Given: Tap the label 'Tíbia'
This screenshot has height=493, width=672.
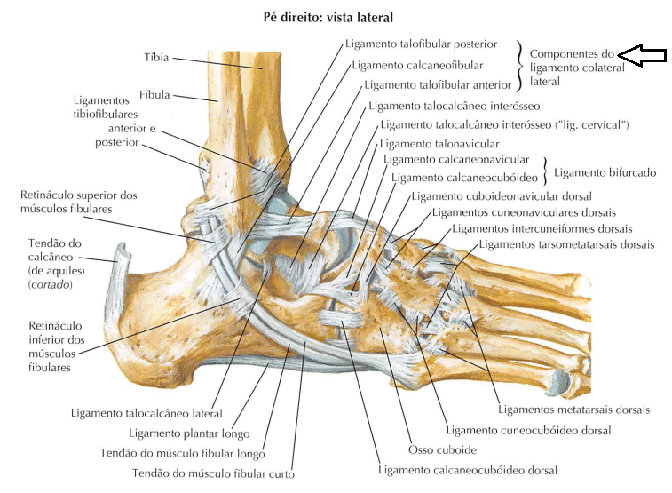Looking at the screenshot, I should coord(156,58).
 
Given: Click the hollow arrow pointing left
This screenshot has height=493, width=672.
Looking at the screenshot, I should coord(642,55).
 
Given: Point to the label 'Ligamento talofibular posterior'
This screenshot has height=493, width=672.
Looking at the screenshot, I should coord(420,44).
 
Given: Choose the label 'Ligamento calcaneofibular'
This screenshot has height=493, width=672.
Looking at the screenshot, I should coord(417,65).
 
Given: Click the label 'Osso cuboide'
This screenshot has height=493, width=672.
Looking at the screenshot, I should coord(443,450).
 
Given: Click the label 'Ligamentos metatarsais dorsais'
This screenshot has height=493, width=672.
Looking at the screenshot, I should coord(573,410).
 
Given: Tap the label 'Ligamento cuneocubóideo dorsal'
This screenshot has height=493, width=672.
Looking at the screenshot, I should coord(528,430).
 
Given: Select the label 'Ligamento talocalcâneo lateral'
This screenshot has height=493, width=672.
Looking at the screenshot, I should coord(146,414).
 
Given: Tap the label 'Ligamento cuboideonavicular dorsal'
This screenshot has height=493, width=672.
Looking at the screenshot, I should coord(502,195).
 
